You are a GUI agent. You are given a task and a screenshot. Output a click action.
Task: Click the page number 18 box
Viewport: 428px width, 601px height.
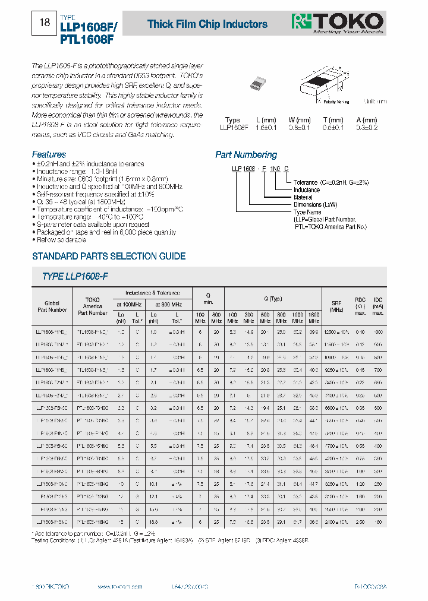[44, 24]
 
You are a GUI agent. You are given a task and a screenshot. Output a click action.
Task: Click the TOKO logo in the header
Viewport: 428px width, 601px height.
[337, 23]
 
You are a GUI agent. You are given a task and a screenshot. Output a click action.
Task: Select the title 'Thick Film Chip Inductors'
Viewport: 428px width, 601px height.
[207, 24]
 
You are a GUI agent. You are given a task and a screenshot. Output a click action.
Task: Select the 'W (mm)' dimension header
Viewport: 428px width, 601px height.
[300, 120]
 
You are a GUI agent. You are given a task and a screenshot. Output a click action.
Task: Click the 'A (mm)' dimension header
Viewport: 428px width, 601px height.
[366, 120]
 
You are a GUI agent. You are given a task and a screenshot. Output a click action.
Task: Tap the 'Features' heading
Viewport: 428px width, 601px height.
[49, 154]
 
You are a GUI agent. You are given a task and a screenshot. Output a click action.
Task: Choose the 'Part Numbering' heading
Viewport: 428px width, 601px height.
[246, 154]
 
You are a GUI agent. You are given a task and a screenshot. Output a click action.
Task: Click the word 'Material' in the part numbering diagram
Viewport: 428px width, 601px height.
[303, 197]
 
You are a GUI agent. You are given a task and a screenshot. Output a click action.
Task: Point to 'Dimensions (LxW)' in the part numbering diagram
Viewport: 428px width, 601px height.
[316, 204]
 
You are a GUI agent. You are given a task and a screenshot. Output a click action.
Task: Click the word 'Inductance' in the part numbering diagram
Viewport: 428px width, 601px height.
[307, 190]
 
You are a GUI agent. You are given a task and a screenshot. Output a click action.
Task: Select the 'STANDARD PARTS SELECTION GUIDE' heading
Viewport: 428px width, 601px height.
[108, 257]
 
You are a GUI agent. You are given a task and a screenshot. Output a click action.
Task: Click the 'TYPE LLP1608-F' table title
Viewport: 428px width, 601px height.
[75, 277]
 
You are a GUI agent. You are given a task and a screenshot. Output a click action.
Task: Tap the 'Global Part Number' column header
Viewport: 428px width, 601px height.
[52, 306]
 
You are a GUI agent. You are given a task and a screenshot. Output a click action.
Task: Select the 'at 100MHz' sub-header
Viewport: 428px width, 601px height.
[128, 303]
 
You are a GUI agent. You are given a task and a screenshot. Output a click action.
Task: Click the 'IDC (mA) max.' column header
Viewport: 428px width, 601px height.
[377, 306]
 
